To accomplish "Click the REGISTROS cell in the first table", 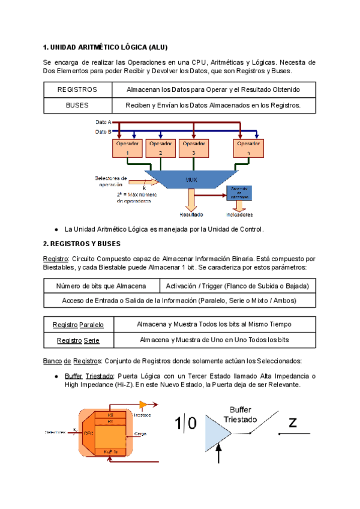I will point(77,89).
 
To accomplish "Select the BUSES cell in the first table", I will point(77,105).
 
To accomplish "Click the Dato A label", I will point(103,122).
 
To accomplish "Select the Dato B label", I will point(103,131).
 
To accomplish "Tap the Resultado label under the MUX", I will point(191,214).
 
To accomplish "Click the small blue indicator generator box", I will point(240,193).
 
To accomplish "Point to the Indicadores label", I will point(240,214).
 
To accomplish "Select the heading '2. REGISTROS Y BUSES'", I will point(82,244).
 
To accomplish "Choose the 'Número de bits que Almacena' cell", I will point(102,285).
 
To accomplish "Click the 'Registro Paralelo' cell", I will point(78,325).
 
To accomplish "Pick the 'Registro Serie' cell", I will point(78,340).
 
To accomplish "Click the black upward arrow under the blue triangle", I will point(218,456).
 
